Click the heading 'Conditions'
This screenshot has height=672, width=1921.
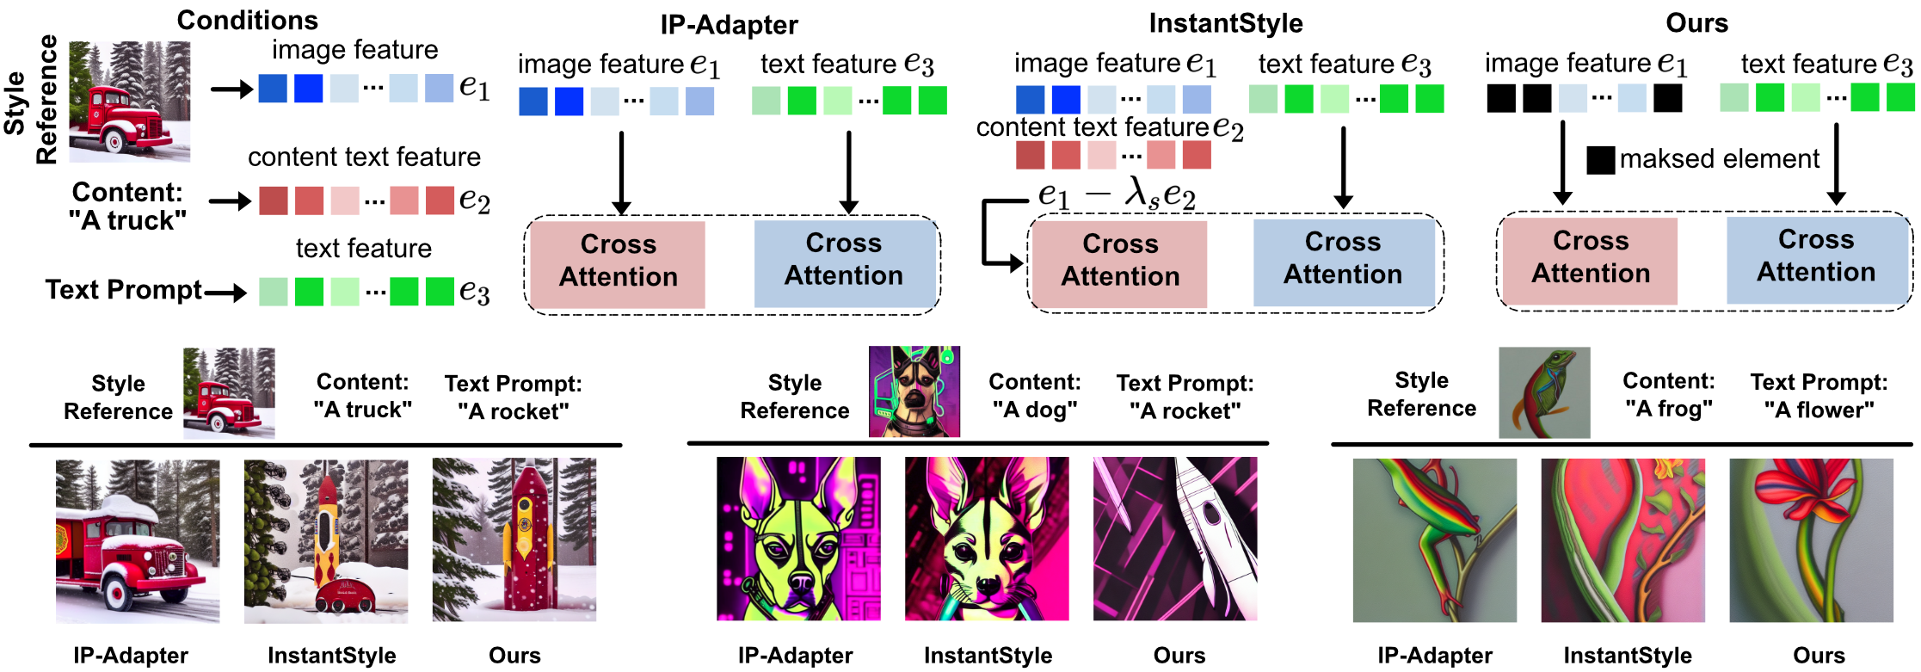point(247,21)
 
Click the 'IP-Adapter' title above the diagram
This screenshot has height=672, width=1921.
point(729,25)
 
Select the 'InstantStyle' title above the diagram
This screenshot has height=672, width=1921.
point(1226,23)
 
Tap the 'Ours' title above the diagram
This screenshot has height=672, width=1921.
point(1696,23)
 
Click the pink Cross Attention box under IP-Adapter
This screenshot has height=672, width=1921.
point(618,264)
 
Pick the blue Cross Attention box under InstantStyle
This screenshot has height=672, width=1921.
point(1343,262)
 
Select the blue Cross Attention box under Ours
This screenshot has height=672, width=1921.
point(1816,260)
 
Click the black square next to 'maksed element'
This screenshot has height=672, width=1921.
point(1600,160)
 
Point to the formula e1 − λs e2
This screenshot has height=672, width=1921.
point(1117,194)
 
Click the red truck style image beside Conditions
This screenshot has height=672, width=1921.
point(130,102)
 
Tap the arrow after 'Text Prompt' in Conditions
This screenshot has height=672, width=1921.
point(226,293)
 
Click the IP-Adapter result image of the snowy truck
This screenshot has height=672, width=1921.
point(138,540)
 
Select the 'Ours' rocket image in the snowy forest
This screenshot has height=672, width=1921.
point(514,539)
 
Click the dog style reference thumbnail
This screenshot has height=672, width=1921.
point(914,391)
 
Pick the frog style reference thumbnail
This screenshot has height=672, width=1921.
point(1544,392)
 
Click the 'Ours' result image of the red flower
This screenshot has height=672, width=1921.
point(1811,540)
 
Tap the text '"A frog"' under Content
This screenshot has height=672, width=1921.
point(1668,409)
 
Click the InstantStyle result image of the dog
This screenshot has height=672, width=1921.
point(987,539)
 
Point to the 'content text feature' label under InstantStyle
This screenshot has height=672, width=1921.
point(1093,127)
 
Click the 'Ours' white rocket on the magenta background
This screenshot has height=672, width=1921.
point(1175,539)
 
